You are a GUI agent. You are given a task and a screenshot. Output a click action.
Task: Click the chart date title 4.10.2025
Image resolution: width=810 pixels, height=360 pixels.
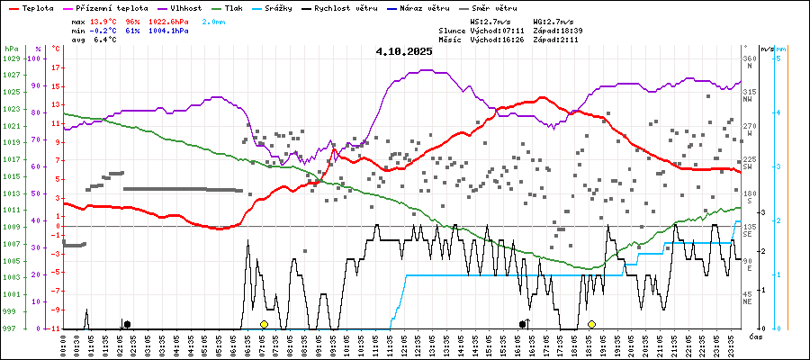(404, 51)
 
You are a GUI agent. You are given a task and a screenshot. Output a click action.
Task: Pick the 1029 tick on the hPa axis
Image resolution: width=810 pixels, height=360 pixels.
(11, 58)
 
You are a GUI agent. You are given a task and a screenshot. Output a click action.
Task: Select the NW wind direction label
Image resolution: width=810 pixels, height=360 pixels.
(748, 99)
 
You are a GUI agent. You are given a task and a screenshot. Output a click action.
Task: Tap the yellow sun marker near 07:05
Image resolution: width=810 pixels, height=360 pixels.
(264, 324)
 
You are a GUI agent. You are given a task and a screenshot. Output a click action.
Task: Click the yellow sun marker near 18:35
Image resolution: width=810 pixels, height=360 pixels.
(591, 324)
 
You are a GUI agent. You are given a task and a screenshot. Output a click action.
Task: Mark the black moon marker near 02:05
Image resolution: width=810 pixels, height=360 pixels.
(127, 324)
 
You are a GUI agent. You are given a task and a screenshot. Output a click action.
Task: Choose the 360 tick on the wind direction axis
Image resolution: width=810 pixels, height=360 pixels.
(749, 58)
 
